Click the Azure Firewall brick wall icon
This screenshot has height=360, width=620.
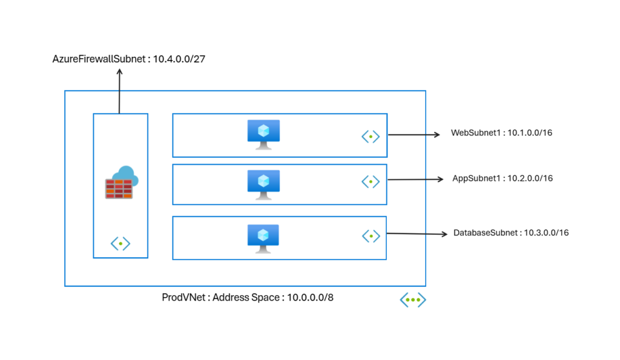pos(119,188)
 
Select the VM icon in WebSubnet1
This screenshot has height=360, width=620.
pos(263,134)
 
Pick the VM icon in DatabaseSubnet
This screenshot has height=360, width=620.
pos(263,237)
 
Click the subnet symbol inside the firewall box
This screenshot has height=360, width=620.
pos(120,244)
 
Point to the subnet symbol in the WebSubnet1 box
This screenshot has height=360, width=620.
pos(371,137)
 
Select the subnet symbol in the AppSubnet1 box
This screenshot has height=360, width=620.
pos(371,181)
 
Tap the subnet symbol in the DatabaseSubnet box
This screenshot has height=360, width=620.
pos(371,235)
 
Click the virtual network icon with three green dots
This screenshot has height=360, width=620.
pos(413,299)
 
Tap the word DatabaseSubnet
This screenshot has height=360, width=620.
pos(486,232)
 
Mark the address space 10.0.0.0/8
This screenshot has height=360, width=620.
pos(309,298)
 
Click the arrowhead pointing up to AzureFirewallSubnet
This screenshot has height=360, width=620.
pos(119,71)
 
